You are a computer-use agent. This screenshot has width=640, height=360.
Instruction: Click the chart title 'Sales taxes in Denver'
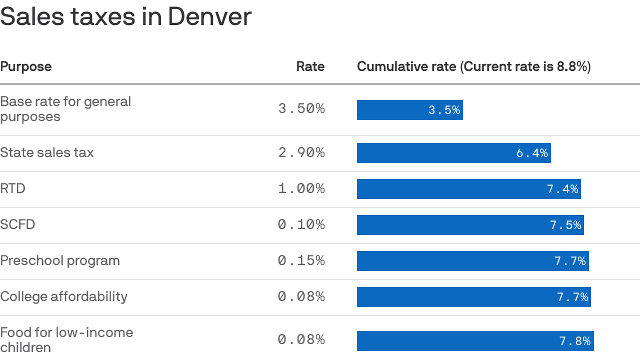point(126,17)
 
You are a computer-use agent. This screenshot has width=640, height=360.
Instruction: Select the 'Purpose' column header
point(26,67)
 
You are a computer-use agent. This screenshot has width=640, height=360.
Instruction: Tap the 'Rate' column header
point(310,67)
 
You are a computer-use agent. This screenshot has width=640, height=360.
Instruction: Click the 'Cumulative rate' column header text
point(474,67)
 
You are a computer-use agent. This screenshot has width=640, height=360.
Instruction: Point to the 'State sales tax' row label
point(47,152)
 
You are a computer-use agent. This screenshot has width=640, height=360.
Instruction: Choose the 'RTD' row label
point(13,188)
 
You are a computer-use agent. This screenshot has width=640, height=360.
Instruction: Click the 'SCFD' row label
point(17,225)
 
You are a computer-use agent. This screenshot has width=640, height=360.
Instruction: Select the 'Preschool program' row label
point(60,261)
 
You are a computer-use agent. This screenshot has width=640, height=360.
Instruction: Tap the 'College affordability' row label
point(64,297)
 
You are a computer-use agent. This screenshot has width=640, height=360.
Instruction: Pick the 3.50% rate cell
point(301,109)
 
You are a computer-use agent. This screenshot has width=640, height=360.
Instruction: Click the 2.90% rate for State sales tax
point(301,152)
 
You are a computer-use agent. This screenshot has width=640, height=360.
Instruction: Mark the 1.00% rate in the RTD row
point(301,188)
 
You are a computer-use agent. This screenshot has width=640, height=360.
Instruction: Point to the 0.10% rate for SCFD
point(301,225)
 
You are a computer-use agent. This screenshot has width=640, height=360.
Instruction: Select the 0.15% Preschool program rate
point(301,261)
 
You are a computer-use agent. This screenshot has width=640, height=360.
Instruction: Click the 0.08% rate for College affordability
point(301,297)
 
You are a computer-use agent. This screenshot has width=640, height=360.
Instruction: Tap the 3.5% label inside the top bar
point(444,110)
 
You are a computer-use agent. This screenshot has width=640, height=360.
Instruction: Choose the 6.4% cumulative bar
point(454,153)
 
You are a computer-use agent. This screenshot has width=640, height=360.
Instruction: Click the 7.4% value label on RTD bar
point(562,189)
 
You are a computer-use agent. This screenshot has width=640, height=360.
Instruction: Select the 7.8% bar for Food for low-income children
point(475,341)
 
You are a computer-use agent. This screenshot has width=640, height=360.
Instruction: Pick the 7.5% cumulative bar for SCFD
point(470,225)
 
